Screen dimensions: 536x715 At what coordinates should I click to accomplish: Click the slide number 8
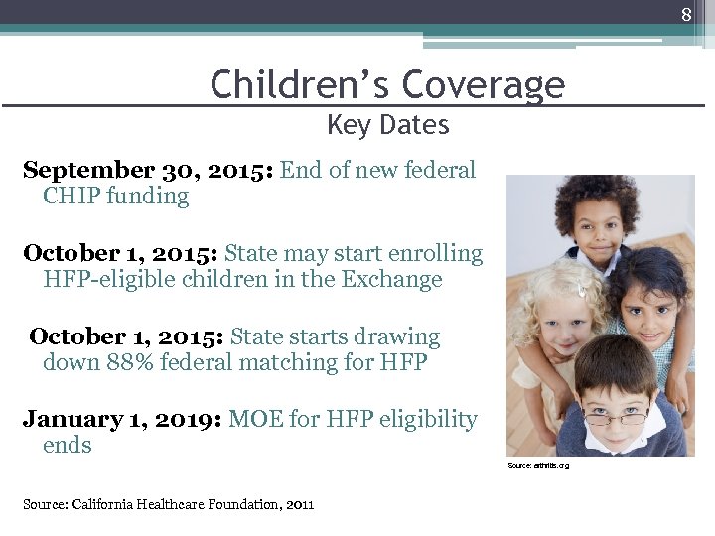pyautogui.click(x=685, y=15)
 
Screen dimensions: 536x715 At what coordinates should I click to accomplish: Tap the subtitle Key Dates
pyautogui.click(x=387, y=126)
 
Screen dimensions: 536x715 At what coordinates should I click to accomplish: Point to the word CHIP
pyautogui.click(x=71, y=196)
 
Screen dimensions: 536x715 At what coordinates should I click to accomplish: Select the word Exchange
pyautogui.click(x=391, y=280)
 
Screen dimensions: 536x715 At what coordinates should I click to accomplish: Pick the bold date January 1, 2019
pyautogui.click(x=122, y=420)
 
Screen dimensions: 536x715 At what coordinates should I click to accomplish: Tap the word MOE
pyautogui.click(x=255, y=420)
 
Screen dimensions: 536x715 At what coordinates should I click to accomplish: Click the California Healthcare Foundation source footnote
pyautogui.click(x=168, y=504)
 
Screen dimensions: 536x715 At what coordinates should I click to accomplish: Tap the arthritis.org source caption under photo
pyautogui.click(x=538, y=465)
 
